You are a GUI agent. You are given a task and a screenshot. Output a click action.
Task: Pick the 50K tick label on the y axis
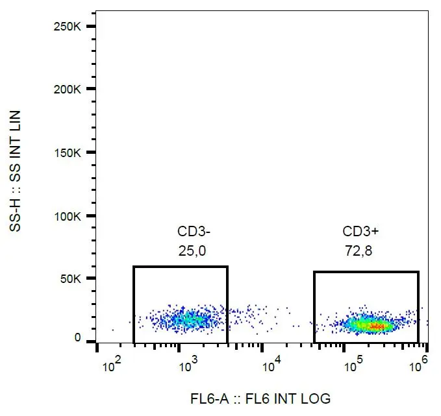[72, 279]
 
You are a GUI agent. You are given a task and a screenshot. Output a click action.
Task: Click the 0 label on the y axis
[78, 338]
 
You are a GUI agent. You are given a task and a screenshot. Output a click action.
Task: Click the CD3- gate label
[194, 232]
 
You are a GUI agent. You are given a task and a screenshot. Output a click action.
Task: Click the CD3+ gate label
[359, 232]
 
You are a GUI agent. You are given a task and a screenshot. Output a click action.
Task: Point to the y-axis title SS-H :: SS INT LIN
[15, 172]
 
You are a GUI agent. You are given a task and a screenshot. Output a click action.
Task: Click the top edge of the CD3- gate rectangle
[181, 266]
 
